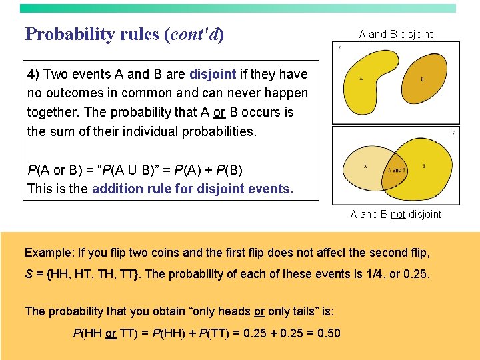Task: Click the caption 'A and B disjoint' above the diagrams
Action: coord(395,34)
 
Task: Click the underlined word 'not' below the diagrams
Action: coord(397,214)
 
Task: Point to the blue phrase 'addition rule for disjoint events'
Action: coord(192,189)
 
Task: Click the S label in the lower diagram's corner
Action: coord(453,133)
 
